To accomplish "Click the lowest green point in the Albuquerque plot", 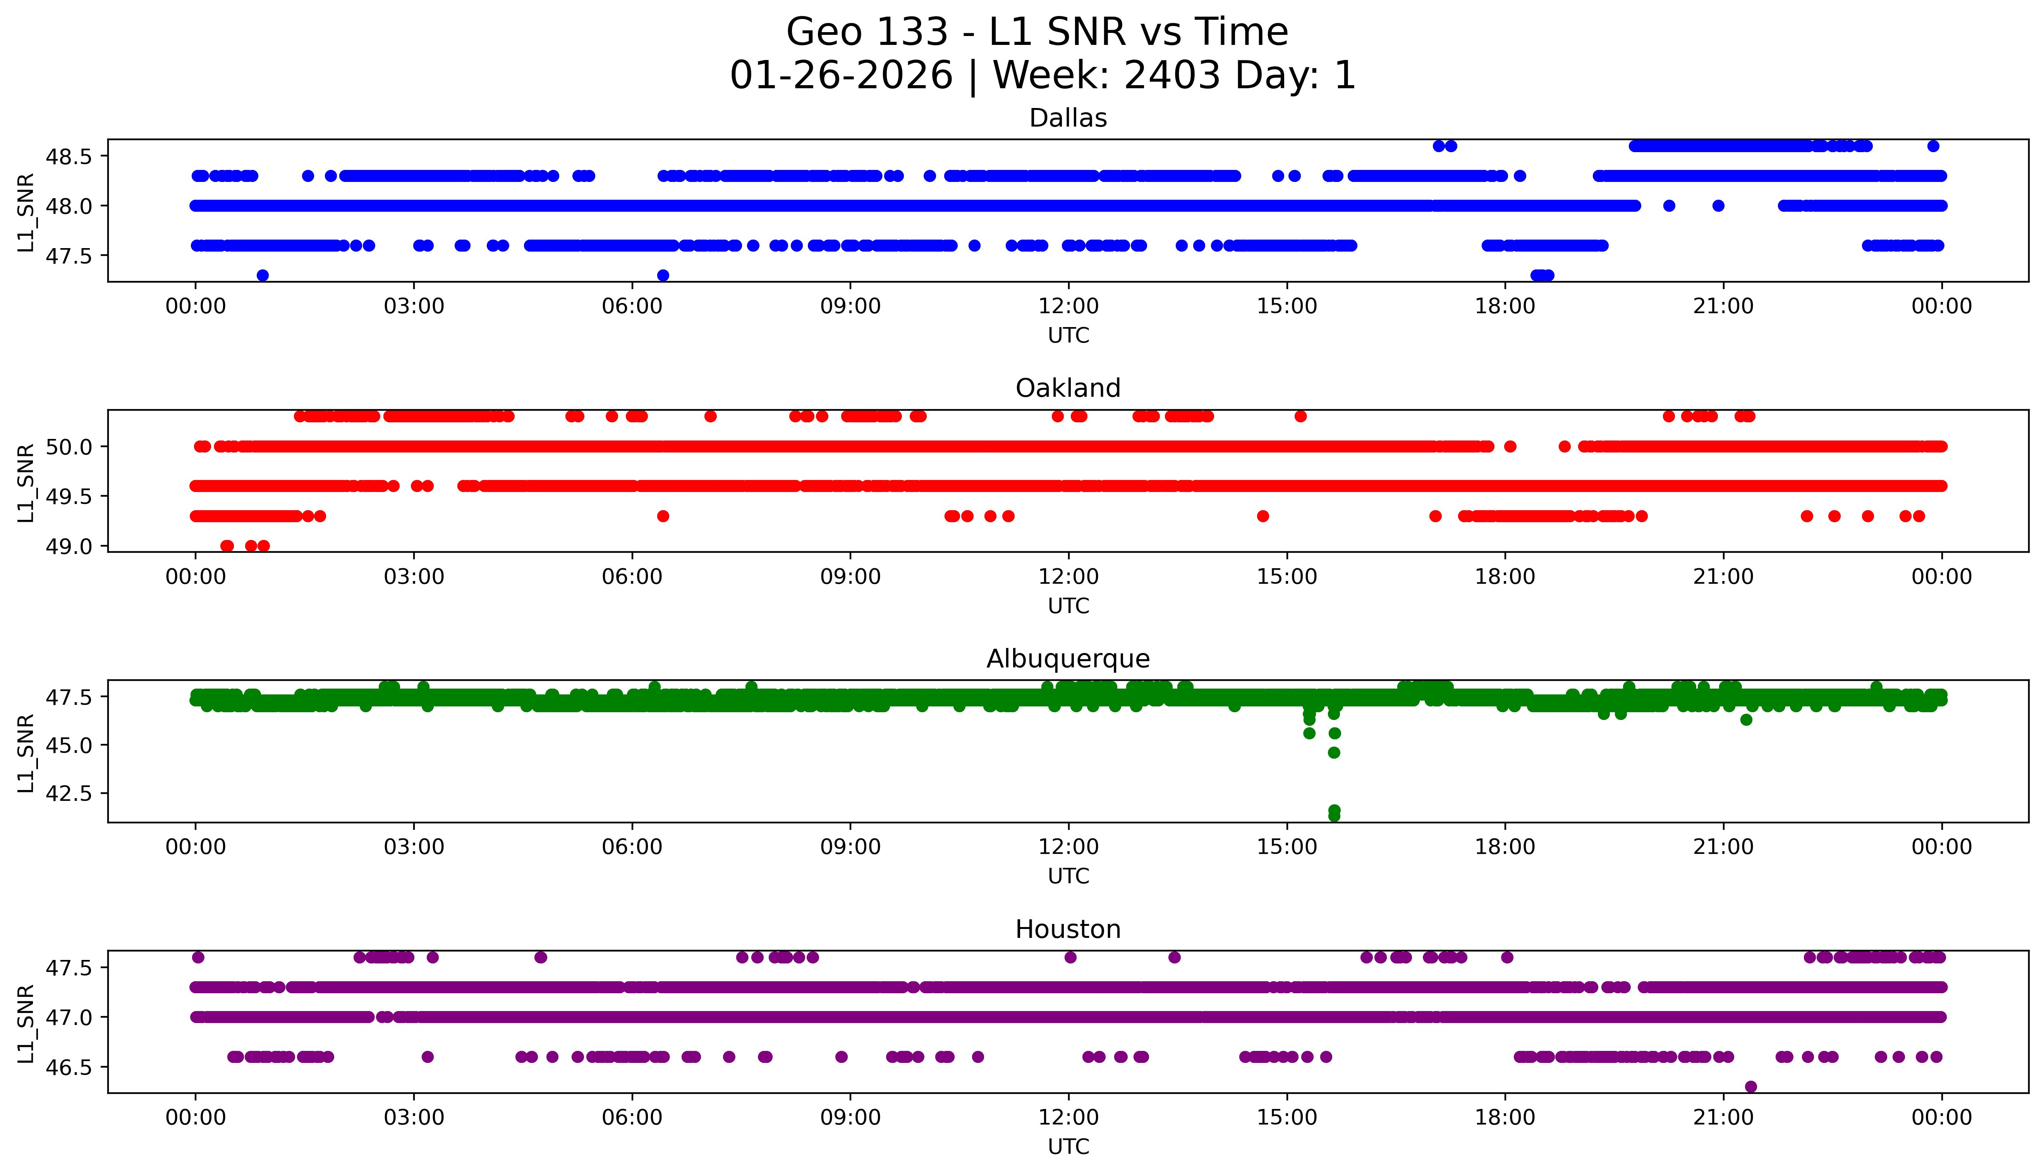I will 1334,816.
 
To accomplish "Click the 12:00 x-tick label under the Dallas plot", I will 1068,307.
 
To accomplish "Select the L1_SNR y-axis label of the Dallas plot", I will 26,211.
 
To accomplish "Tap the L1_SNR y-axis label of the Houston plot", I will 26,1022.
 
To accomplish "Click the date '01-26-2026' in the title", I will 841,76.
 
